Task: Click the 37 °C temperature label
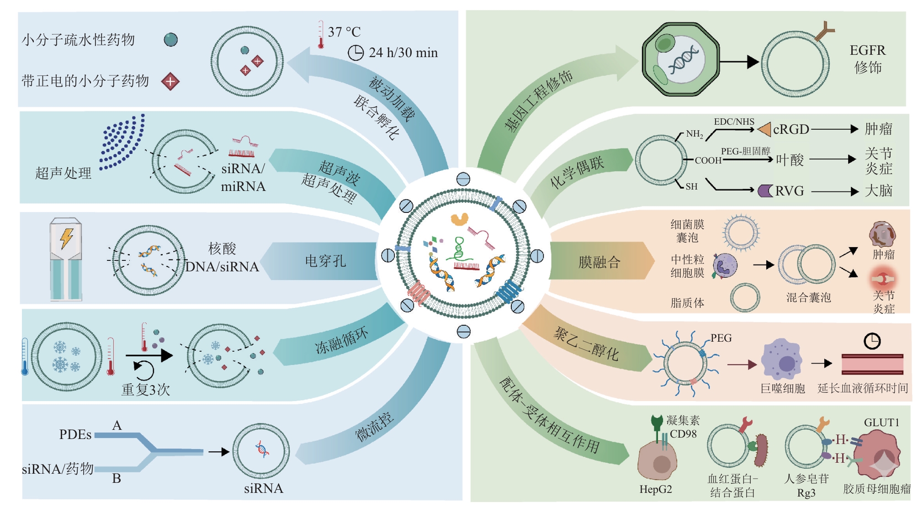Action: (344, 32)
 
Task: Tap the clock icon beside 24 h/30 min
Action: (356, 53)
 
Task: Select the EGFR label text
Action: (867, 50)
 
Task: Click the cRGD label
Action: (791, 129)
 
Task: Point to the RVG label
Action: (789, 190)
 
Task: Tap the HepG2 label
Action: (656, 489)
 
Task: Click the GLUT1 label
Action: (881, 423)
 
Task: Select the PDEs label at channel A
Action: (75, 434)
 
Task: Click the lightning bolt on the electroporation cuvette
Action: (67, 238)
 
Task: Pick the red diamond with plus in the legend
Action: (170, 81)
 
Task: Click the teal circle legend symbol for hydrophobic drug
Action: (171, 40)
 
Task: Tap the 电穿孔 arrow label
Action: (325, 261)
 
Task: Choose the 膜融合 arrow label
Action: (599, 262)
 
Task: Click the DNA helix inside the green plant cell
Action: (683, 61)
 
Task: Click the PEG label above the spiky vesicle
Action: (721, 338)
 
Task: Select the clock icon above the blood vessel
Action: (872, 341)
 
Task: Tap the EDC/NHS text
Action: (734, 122)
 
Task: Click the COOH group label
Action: (708, 160)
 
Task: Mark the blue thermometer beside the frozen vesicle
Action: (25, 357)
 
